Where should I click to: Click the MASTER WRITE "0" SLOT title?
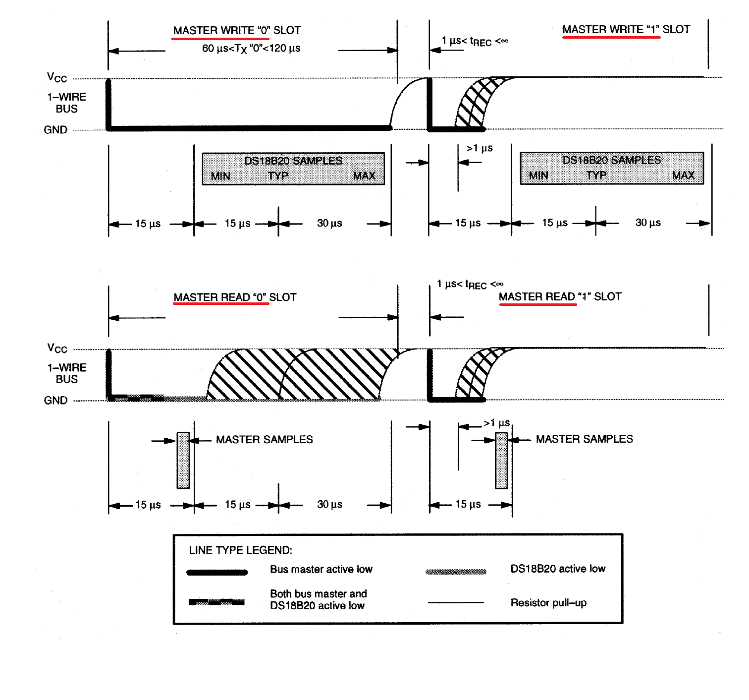pyautogui.click(x=237, y=30)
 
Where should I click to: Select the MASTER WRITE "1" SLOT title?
pyautogui.click(x=626, y=29)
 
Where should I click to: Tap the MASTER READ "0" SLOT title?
pyautogui.click(x=235, y=297)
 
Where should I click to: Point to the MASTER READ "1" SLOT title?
pyautogui.click(x=560, y=296)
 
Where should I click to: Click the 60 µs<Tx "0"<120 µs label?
pyautogui.click(x=251, y=48)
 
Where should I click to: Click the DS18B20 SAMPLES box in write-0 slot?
pyautogui.click(x=293, y=169)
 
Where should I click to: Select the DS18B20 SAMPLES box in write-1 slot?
pyautogui.click(x=611, y=168)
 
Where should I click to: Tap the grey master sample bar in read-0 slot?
pyautogui.click(x=183, y=460)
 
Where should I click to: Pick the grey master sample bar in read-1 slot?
pyautogui.click(x=501, y=460)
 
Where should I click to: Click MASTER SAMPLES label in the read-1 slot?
pyautogui.click(x=584, y=439)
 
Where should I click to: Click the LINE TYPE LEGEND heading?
pyautogui.click(x=241, y=550)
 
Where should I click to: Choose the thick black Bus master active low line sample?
pyautogui.click(x=217, y=573)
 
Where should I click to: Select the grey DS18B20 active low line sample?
pyautogui.click(x=456, y=572)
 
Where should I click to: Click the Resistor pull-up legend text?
pyautogui.click(x=548, y=603)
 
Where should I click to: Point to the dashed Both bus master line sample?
pyautogui.click(x=216, y=602)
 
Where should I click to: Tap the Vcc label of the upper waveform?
pyautogui.click(x=57, y=78)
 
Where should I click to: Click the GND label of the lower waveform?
pyautogui.click(x=55, y=400)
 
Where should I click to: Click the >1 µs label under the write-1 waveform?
pyautogui.click(x=480, y=148)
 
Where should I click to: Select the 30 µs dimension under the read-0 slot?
pyautogui.click(x=329, y=504)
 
